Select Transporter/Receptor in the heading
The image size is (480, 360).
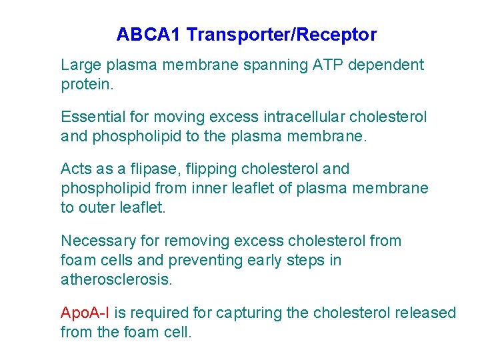tap(281, 35)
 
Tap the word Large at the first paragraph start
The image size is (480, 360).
tap(79, 65)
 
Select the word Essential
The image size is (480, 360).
tap(93, 117)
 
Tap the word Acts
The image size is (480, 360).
tap(75, 169)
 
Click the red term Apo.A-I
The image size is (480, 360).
tap(85, 313)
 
